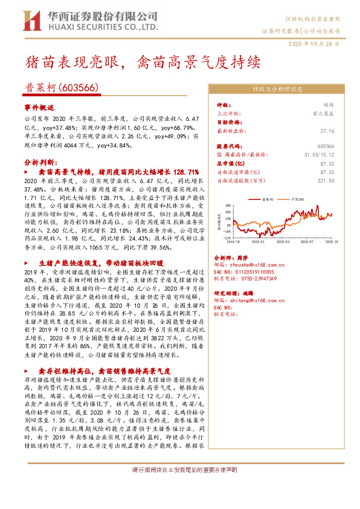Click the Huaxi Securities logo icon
coord(31,21)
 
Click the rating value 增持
coord(329,105)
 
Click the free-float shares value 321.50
coord(326,180)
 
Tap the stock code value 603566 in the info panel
coord(326,146)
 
